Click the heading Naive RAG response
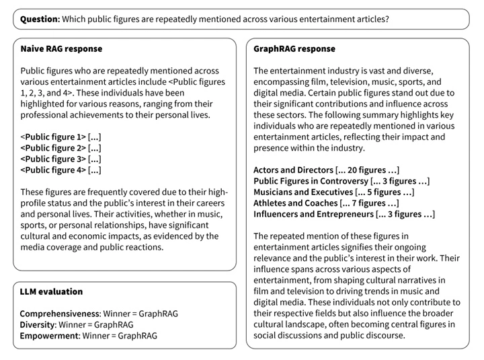tap(62, 49)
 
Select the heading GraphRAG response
tap(294, 49)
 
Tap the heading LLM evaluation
tap(52, 291)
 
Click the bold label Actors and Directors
tap(293, 170)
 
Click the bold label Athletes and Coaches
tap(295, 203)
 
